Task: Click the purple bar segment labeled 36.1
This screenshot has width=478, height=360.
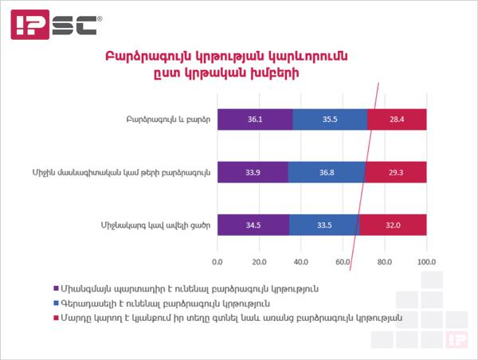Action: [255, 119]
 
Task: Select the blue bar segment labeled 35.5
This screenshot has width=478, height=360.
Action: [330, 119]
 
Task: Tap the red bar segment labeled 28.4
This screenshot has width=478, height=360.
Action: [397, 119]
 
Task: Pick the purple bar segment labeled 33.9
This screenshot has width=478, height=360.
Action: [253, 172]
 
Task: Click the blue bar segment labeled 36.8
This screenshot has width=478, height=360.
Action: [327, 172]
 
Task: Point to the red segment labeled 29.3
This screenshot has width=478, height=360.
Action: [396, 172]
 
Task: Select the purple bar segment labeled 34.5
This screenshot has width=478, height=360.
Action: [253, 225]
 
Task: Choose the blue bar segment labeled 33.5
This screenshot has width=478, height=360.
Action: [325, 225]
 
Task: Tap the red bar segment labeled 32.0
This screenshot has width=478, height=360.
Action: [394, 225]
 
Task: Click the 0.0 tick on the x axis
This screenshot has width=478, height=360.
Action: [217, 262]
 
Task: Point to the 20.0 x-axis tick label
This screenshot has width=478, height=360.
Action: [259, 262]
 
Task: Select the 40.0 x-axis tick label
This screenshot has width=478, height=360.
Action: [301, 262]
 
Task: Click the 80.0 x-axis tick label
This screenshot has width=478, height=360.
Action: [385, 262]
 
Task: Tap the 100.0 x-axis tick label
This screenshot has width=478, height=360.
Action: [426, 262]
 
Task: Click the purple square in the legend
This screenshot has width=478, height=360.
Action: [56, 288]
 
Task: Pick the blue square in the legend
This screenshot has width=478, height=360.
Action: [56, 303]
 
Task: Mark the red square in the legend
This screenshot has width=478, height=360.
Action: [56, 318]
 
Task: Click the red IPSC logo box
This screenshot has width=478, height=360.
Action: [30, 25]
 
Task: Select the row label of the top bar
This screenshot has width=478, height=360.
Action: [168, 119]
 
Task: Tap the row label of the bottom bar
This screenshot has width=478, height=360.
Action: [155, 225]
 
